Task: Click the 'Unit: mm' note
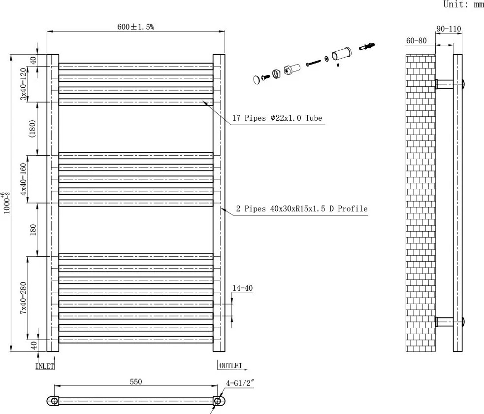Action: coord(463,4)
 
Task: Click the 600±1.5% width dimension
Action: coord(135,27)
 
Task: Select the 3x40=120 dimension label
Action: coord(23,84)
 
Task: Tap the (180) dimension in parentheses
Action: coord(32,129)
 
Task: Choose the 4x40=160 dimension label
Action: coord(23,179)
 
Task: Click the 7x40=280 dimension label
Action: coord(23,298)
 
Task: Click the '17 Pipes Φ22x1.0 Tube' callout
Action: coord(277,118)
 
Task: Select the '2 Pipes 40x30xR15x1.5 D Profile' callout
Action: coord(302,209)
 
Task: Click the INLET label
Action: coord(45,366)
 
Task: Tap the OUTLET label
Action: coord(230,366)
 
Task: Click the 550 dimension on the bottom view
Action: coord(136,381)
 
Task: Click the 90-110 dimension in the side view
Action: coord(448,29)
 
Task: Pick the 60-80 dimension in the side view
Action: coord(416,40)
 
